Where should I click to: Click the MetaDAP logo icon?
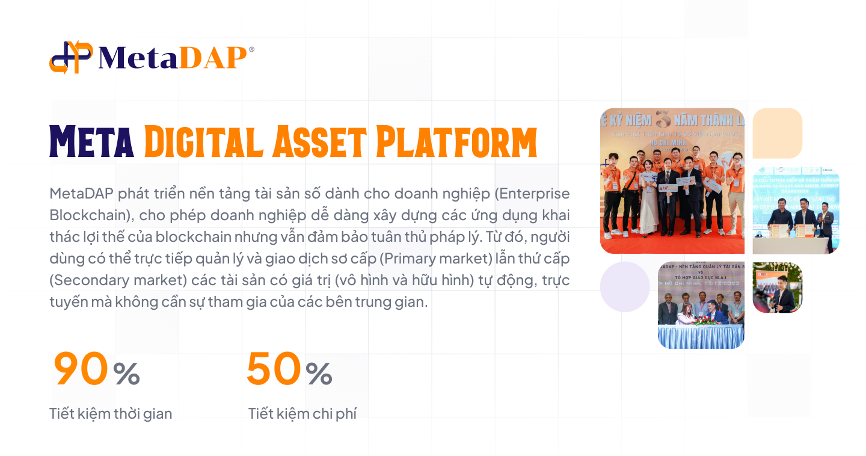tap(71, 58)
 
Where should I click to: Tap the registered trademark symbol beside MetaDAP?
tap(251, 50)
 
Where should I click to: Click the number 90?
tap(81, 369)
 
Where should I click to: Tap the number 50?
tap(274, 369)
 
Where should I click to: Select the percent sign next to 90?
tap(126, 374)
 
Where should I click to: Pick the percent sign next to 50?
tap(319, 374)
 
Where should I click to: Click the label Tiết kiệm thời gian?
tap(111, 414)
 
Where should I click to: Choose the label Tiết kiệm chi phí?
tap(302, 414)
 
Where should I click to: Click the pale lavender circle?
tap(625, 287)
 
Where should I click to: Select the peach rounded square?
tap(778, 133)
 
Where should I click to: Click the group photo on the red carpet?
tap(672, 180)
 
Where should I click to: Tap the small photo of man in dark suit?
tap(778, 288)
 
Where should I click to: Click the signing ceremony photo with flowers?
tap(701, 305)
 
